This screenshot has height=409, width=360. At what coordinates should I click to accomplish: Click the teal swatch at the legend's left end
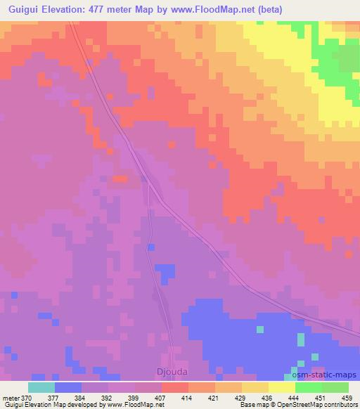click(41, 387)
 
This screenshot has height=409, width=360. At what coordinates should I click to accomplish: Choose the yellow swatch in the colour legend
click(281, 387)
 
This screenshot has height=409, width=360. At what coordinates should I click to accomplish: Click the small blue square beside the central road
click(150, 247)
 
